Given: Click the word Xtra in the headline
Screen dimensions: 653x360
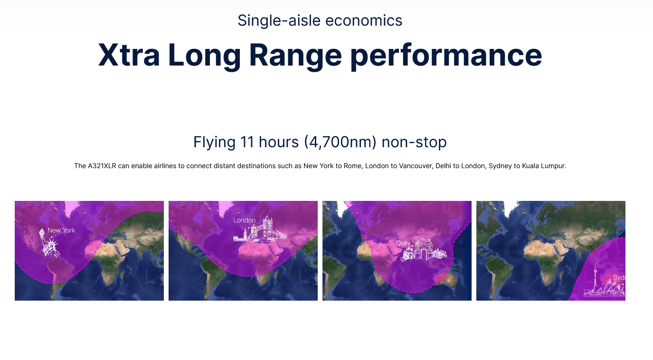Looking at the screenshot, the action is [129, 55].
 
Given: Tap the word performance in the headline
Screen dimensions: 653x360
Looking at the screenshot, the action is [446, 57].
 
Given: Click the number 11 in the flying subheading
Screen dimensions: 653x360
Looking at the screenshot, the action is [247, 142].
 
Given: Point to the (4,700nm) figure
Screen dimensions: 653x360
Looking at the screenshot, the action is [340, 142].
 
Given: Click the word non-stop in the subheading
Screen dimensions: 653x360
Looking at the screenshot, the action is [414, 142].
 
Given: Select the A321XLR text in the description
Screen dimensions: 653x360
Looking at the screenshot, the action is [102, 166].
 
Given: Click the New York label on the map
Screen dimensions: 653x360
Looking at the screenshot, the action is [61, 230].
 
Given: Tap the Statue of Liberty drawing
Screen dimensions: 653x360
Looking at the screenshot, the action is [49, 243].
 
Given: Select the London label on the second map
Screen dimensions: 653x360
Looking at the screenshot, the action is [244, 220].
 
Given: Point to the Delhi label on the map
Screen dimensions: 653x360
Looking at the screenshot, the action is [403, 243].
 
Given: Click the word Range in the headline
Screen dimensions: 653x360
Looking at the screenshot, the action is [295, 57].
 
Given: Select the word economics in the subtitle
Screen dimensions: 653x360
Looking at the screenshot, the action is [364, 21].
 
